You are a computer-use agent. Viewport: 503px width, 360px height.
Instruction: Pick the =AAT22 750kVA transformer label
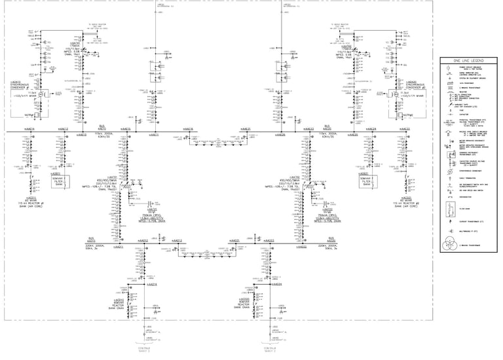click(327, 217)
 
